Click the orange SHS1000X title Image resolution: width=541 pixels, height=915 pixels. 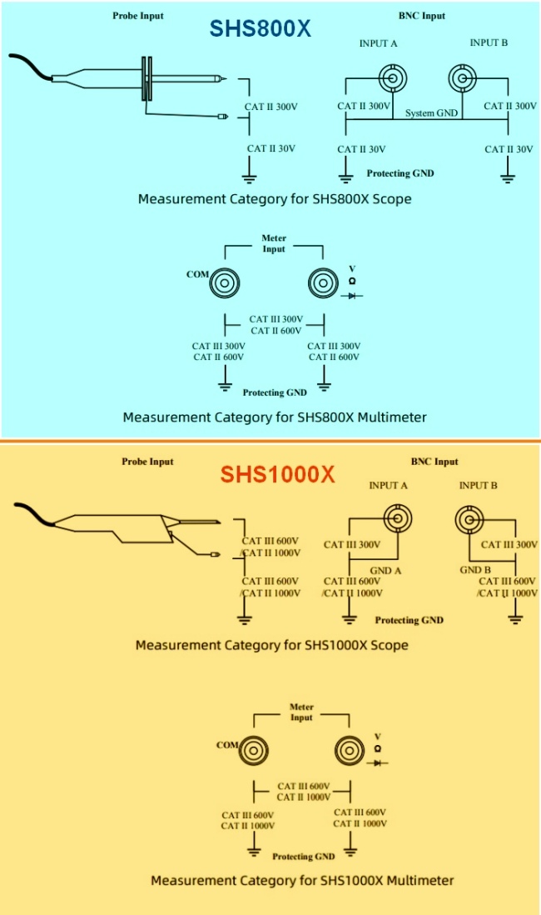click(277, 475)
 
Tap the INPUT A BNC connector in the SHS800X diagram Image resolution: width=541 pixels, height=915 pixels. click(392, 79)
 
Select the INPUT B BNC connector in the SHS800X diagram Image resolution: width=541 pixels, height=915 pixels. click(462, 79)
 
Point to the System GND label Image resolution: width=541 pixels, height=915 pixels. click(432, 112)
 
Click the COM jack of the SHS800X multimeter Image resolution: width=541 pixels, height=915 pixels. click(225, 282)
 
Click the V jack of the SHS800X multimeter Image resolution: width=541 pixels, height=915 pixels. click(321, 282)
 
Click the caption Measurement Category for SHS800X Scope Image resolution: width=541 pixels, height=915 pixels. click(275, 199)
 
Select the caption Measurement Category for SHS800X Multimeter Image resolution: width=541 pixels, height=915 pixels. click(275, 417)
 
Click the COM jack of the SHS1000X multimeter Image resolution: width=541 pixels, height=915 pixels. click(253, 751)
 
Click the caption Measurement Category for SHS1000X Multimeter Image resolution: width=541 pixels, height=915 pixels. click(302, 880)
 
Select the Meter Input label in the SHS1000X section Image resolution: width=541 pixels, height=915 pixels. click(301, 712)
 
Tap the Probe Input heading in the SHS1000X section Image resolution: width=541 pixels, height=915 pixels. click(147, 462)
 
